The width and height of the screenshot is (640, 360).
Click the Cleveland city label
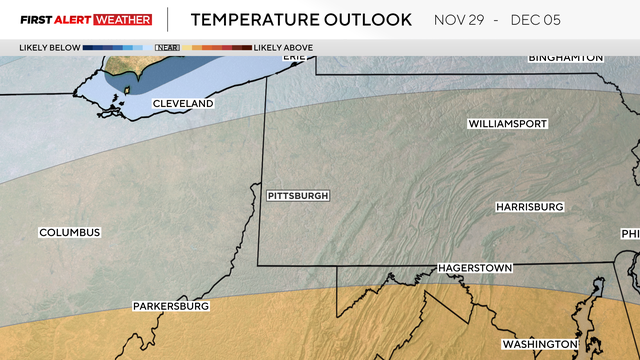click(183, 104)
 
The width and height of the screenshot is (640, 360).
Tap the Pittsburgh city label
click(298, 196)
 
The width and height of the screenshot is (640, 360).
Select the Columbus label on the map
click(70, 233)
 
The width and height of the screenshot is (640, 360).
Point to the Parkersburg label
click(171, 306)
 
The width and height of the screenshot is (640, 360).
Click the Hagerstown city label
click(474, 269)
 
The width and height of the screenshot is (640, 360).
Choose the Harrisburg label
click(529, 207)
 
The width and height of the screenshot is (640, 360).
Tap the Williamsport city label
click(509, 124)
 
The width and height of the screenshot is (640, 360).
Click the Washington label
click(540, 344)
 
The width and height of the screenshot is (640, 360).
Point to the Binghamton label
click(566, 58)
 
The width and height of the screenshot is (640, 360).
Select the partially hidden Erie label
click(293, 57)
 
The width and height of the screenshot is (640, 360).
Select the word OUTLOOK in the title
click(370, 20)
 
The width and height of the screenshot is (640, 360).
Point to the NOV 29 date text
click(463, 20)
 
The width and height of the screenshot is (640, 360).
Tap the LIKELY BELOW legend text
click(48, 47)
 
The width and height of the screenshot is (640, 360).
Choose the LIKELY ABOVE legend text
click(283, 47)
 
